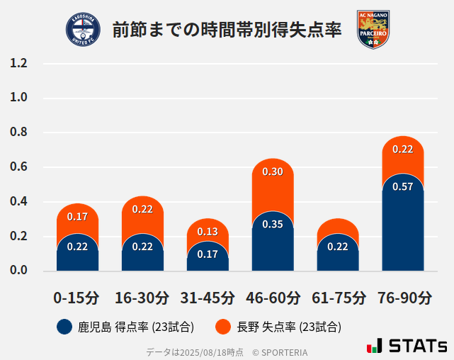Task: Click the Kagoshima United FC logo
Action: (x=83, y=30)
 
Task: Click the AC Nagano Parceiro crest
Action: (x=373, y=30)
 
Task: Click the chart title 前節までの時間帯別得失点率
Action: (x=227, y=30)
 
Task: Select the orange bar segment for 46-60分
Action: (x=273, y=186)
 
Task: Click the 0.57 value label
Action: (x=402, y=187)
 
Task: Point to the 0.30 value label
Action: (x=273, y=171)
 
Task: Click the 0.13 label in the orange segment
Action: (x=208, y=232)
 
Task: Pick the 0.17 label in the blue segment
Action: (x=208, y=254)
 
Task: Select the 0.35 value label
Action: (x=273, y=225)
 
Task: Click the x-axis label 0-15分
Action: (x=76, y=298)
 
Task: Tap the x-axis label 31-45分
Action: (x=208, y=298)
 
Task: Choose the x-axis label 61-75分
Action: (x=338, y=298)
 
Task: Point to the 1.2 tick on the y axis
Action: (x=18, y=64)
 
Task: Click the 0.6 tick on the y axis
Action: (x=18, y=167)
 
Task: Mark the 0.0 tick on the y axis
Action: (x=18, y=271)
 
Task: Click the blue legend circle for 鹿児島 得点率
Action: (x=64, y=327)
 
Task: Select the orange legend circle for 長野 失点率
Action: (x=223, y=327)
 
